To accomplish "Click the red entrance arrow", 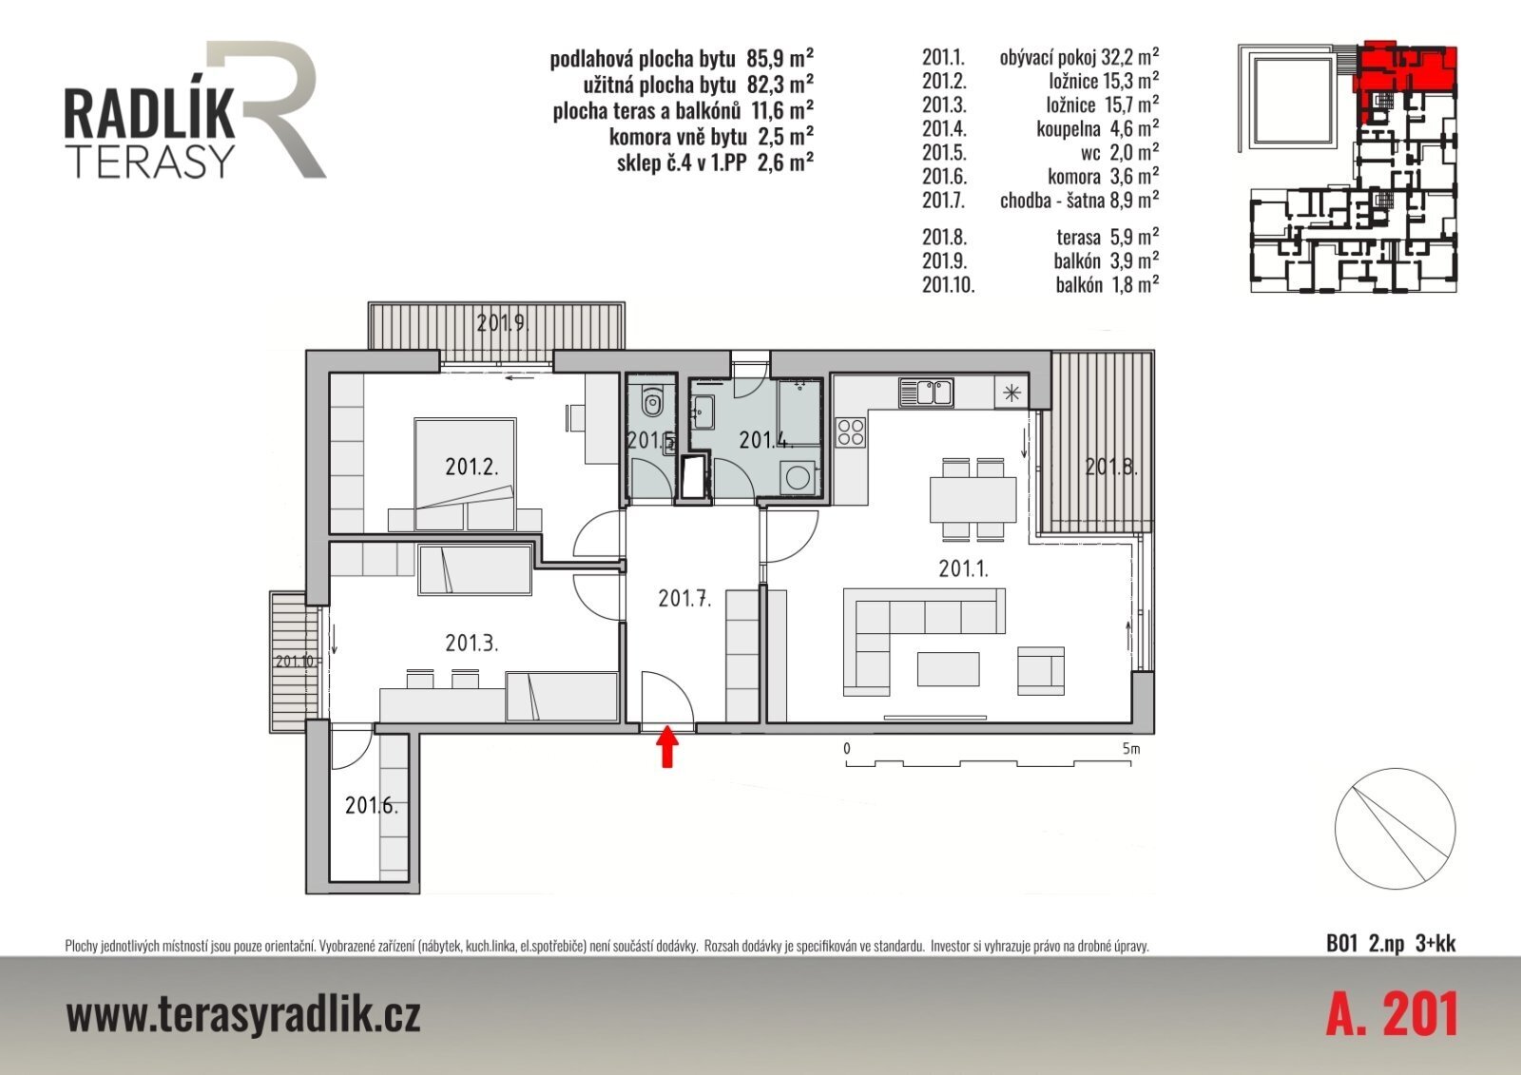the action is coord(668,746).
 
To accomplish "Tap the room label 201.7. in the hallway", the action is coord(684,598).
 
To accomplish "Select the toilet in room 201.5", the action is coord(652,403).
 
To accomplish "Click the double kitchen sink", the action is coord(926,393).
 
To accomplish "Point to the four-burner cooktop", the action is coord(851,432).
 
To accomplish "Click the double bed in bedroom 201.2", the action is coord(465,474).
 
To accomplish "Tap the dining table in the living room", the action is coord(973,499).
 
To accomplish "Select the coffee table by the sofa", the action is coord(948,669).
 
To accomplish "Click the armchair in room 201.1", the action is coord(1041,670).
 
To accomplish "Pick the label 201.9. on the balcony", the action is coord(503,322).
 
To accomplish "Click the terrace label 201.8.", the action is coord(1111,467).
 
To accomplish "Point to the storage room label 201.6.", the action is coord(372,805).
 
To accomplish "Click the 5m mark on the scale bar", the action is coord(1131,749).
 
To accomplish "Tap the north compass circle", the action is coord(1396,829).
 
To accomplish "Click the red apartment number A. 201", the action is coord(1392,1014).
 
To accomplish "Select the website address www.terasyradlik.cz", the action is coord(243,1015).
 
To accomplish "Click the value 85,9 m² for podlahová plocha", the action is coord(780,58).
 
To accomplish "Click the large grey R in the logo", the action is coord(266,108).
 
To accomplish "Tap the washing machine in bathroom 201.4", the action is coord(798,478).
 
